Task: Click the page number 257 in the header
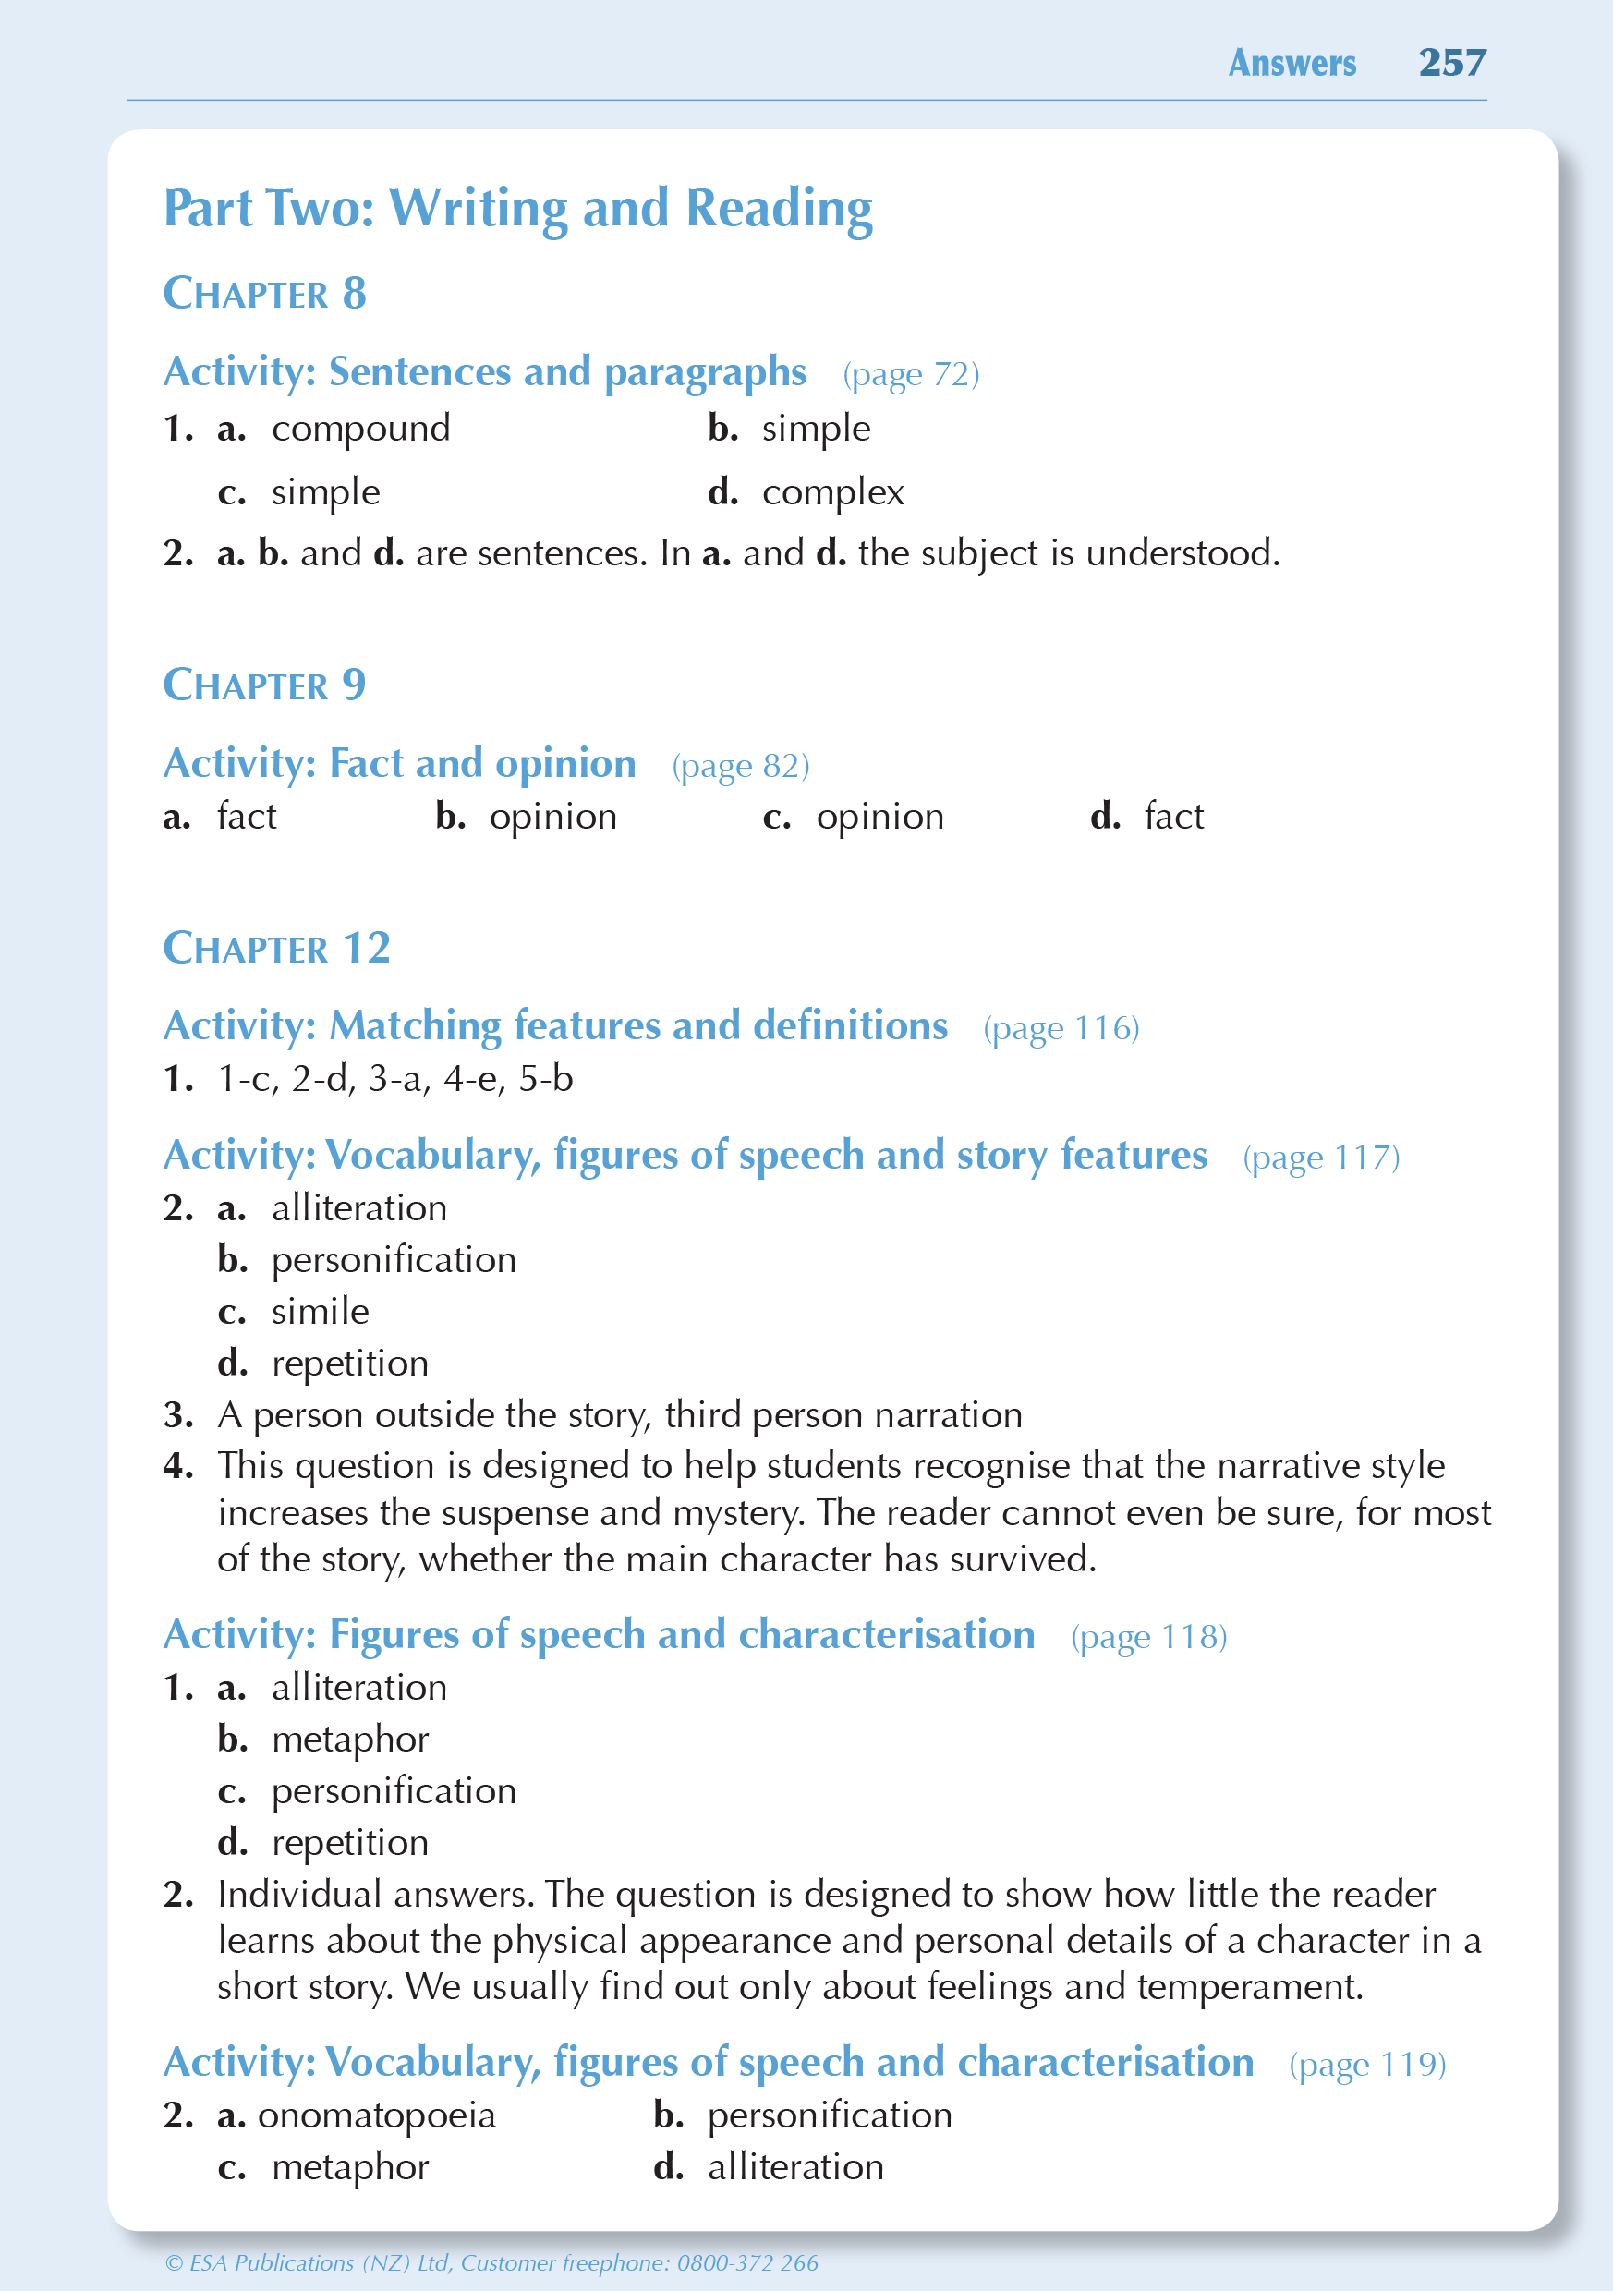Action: pos(1452,63)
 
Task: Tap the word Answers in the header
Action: pos(1292,63)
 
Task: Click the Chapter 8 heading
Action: pos(264,294)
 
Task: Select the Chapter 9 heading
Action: pos(264,685)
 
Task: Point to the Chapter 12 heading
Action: pos(276,948)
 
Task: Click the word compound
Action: pos(360,429)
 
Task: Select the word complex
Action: pos(832,493)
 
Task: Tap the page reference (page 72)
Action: pos(910,374)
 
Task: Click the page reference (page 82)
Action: pos(741,765)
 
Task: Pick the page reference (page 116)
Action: pos(1061,1028)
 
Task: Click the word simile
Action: pos(321,1311)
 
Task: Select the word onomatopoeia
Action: pos(376,2115)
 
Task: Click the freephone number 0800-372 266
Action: pos(747,2262)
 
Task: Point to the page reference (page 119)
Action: pos(1367,2063)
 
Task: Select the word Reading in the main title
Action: pos(780,209)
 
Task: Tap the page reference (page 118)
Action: pos(1149,1635)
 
